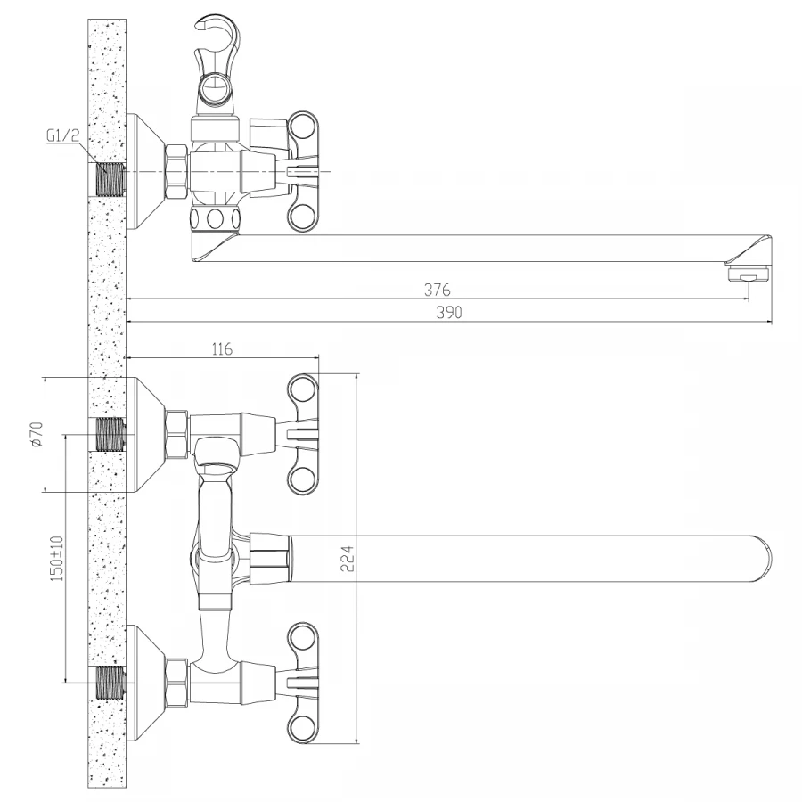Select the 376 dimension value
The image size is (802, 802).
(x=437, y=289)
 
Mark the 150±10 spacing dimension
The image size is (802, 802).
(x=56, y=559)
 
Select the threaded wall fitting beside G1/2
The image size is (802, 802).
(x=110, y=179)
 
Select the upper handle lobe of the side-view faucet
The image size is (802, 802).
(x=302, y=125)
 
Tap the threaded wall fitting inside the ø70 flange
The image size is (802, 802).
(x=110, y=434)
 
